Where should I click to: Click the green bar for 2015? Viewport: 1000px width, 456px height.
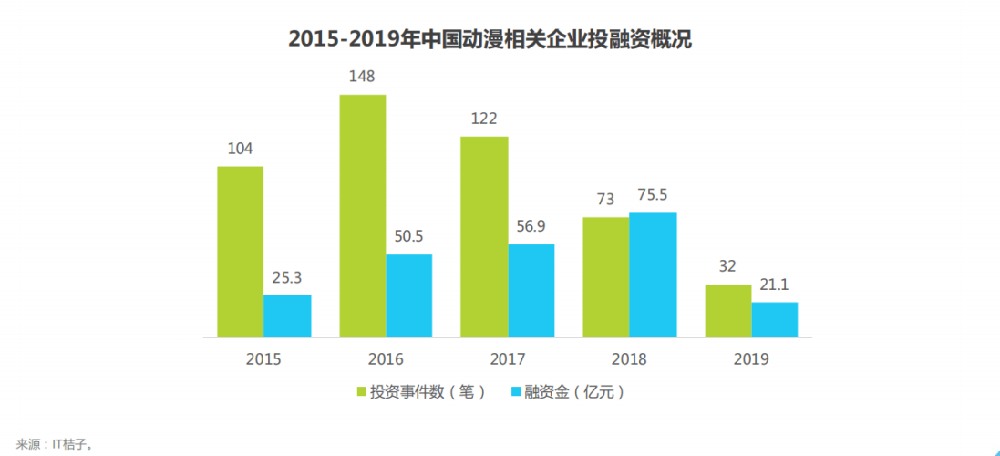click(240, 252)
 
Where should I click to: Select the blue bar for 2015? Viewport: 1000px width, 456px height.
click(287, 316)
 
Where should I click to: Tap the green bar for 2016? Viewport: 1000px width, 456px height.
click(362, 216)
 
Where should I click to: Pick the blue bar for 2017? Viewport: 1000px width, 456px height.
click(531, 290)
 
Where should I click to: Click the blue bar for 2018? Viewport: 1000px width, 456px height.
click(653, 275)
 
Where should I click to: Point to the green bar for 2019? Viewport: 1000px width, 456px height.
click(728, 310)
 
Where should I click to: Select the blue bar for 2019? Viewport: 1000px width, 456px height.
click(775, 319)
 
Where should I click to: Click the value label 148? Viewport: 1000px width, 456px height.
click(362, 76)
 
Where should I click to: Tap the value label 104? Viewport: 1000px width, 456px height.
click(240, 149)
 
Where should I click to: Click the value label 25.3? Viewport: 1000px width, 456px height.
click(286, 277)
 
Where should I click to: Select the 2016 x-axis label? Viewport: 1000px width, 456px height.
click(386, 359)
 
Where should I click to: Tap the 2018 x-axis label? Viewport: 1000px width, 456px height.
click(629, 359)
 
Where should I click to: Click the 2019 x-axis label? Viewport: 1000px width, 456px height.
click(751, 359)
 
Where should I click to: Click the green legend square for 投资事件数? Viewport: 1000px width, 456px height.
click(361, 393)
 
